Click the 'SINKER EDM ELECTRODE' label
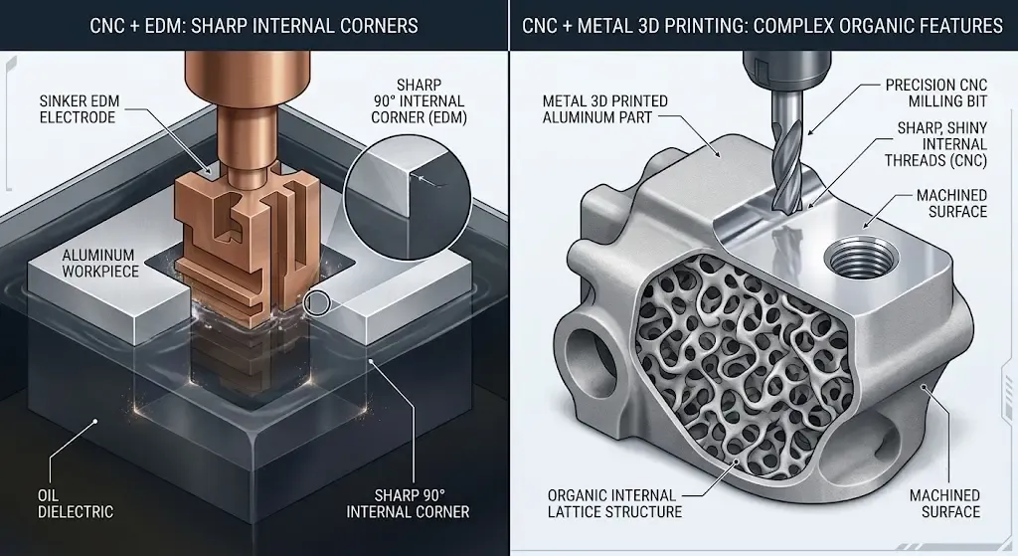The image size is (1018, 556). tap(80, 109)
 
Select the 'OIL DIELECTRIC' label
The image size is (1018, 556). tap(76, 503)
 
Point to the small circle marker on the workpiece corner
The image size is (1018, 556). tap(318, 302)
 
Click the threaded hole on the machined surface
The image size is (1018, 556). tap(861, 255)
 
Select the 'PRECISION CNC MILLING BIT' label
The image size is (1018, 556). tap(936, 93)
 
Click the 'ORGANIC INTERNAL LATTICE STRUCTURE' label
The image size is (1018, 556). tap(614, 503)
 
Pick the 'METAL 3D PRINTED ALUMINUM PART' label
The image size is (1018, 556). tap(605, 109)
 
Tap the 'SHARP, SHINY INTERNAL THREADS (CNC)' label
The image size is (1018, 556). tap(935, 144)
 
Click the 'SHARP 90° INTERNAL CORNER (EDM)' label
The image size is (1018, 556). tap(419, 101)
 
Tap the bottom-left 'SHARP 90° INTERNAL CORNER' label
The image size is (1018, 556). tap(408, 503)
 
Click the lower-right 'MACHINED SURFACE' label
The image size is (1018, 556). tap(944, 503)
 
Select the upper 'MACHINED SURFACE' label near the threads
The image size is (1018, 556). tap(951, 203)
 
